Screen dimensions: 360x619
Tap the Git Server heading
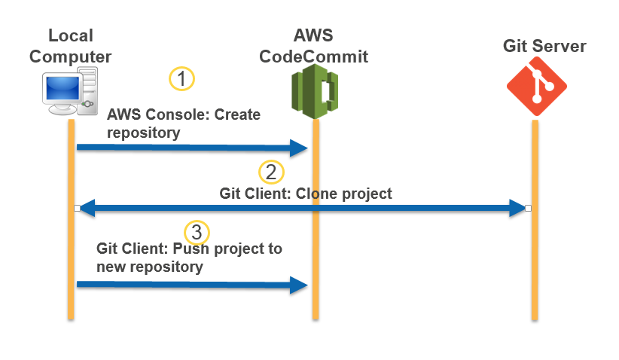[x=544, y=47]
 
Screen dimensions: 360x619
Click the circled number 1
[x=181, y=78]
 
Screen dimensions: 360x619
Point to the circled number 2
[x=271, y=171]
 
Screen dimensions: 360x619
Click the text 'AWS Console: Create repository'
[x=183, y=124]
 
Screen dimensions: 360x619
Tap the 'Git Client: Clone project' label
[x=306, y=194]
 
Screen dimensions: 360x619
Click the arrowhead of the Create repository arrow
[x=300, y=148]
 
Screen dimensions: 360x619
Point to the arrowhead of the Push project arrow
[x=300, y=284]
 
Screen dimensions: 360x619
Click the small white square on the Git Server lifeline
[x=529, y=208]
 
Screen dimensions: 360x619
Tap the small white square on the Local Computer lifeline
[x=76, y=208]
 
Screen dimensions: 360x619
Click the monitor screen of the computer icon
[x=63, y=90]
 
